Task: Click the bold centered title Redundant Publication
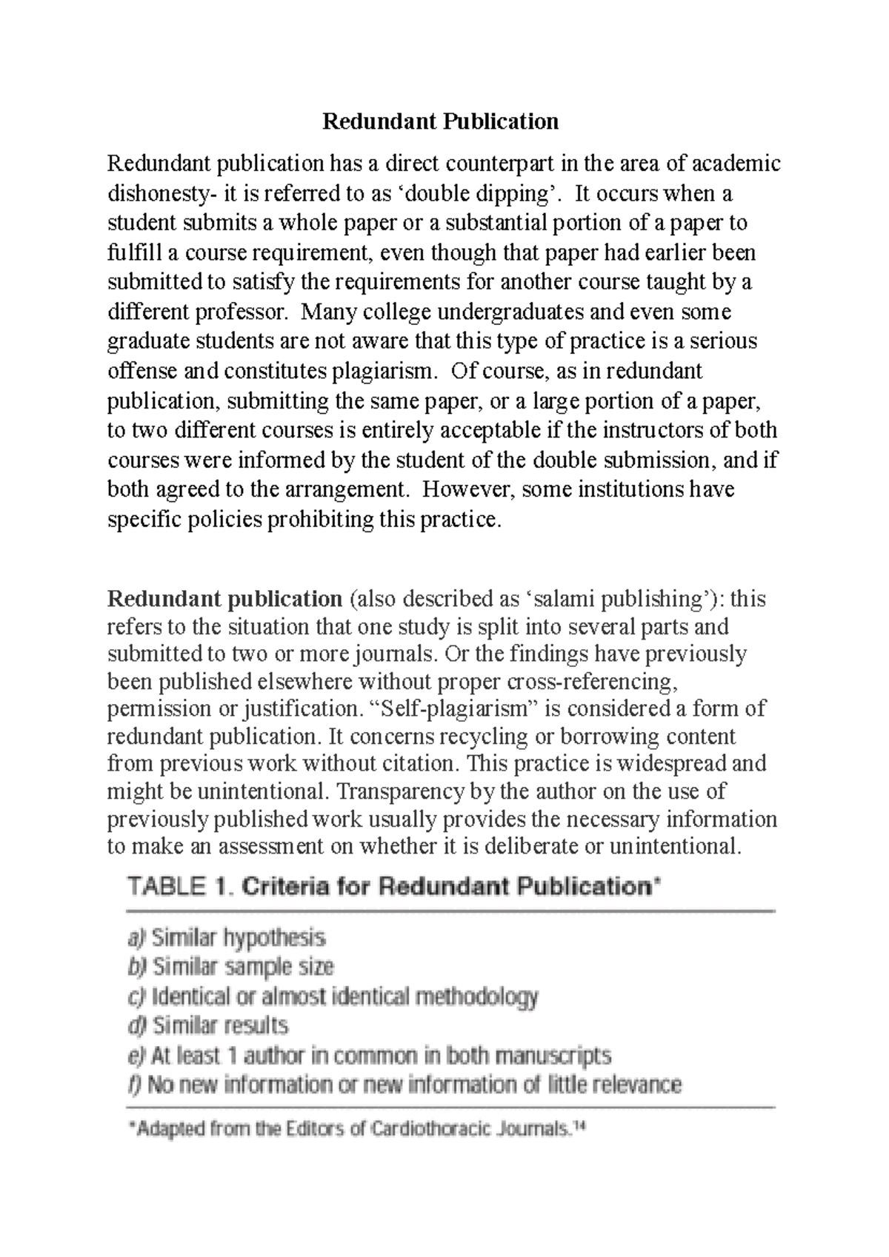click(440, 121)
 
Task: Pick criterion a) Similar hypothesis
click(227, 938)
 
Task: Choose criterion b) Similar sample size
click(231, 967)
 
